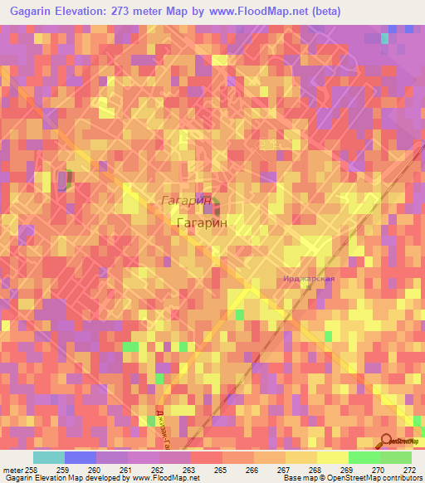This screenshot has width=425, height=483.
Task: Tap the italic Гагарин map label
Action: (185, 201)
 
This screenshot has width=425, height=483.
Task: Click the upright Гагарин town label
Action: (202, 222)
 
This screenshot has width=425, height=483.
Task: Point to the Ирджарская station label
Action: (308, 279)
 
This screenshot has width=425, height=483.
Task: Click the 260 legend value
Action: (95, 471)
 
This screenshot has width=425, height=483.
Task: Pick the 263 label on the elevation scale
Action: (189, 471)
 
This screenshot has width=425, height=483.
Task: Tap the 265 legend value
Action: (222, 471)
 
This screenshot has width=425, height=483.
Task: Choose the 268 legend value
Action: (315, 471)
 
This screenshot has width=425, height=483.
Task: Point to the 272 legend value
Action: (410, 471)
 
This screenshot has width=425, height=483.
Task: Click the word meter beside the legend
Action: (12, 471)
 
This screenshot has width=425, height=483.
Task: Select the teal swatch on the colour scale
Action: (49, 457)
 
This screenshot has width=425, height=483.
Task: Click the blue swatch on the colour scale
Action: (81, 457)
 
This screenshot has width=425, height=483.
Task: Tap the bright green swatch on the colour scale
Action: (364, 457)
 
